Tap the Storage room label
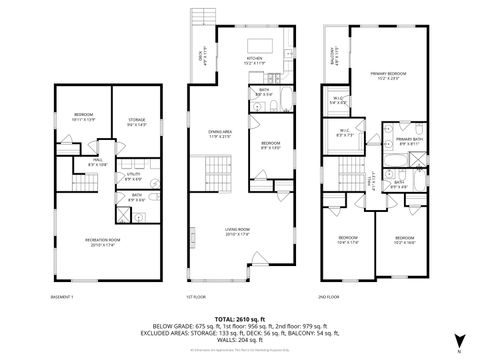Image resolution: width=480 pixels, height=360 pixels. [x=137, y=122]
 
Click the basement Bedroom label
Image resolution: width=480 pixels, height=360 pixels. [x=83, y=116]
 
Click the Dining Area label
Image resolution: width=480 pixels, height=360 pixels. [x=220, y=134]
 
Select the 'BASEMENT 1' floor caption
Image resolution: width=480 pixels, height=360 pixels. [x=62, y=298]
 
